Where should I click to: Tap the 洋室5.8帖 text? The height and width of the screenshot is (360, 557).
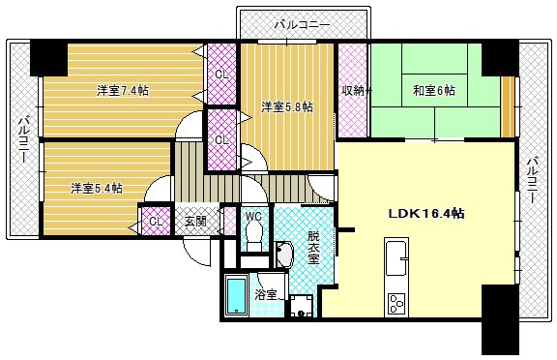(x=286, y=107)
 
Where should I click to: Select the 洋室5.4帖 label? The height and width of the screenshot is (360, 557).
(x=96, y=188)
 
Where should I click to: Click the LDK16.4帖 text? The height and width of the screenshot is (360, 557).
(x=425, y=213)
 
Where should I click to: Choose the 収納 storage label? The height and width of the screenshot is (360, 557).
(x=352, y=91)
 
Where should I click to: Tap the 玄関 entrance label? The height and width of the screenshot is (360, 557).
(x=195, y=222)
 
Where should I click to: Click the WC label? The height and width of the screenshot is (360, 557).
(x=254, y=217)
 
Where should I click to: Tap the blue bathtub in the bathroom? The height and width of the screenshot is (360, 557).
(x=236, y=296)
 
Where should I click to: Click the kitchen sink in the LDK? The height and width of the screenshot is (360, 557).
(x=396, y=258)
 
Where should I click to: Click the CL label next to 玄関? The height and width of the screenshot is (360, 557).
(x=155, y=222)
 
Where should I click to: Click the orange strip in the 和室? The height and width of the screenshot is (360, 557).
(x=507, y=97)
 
